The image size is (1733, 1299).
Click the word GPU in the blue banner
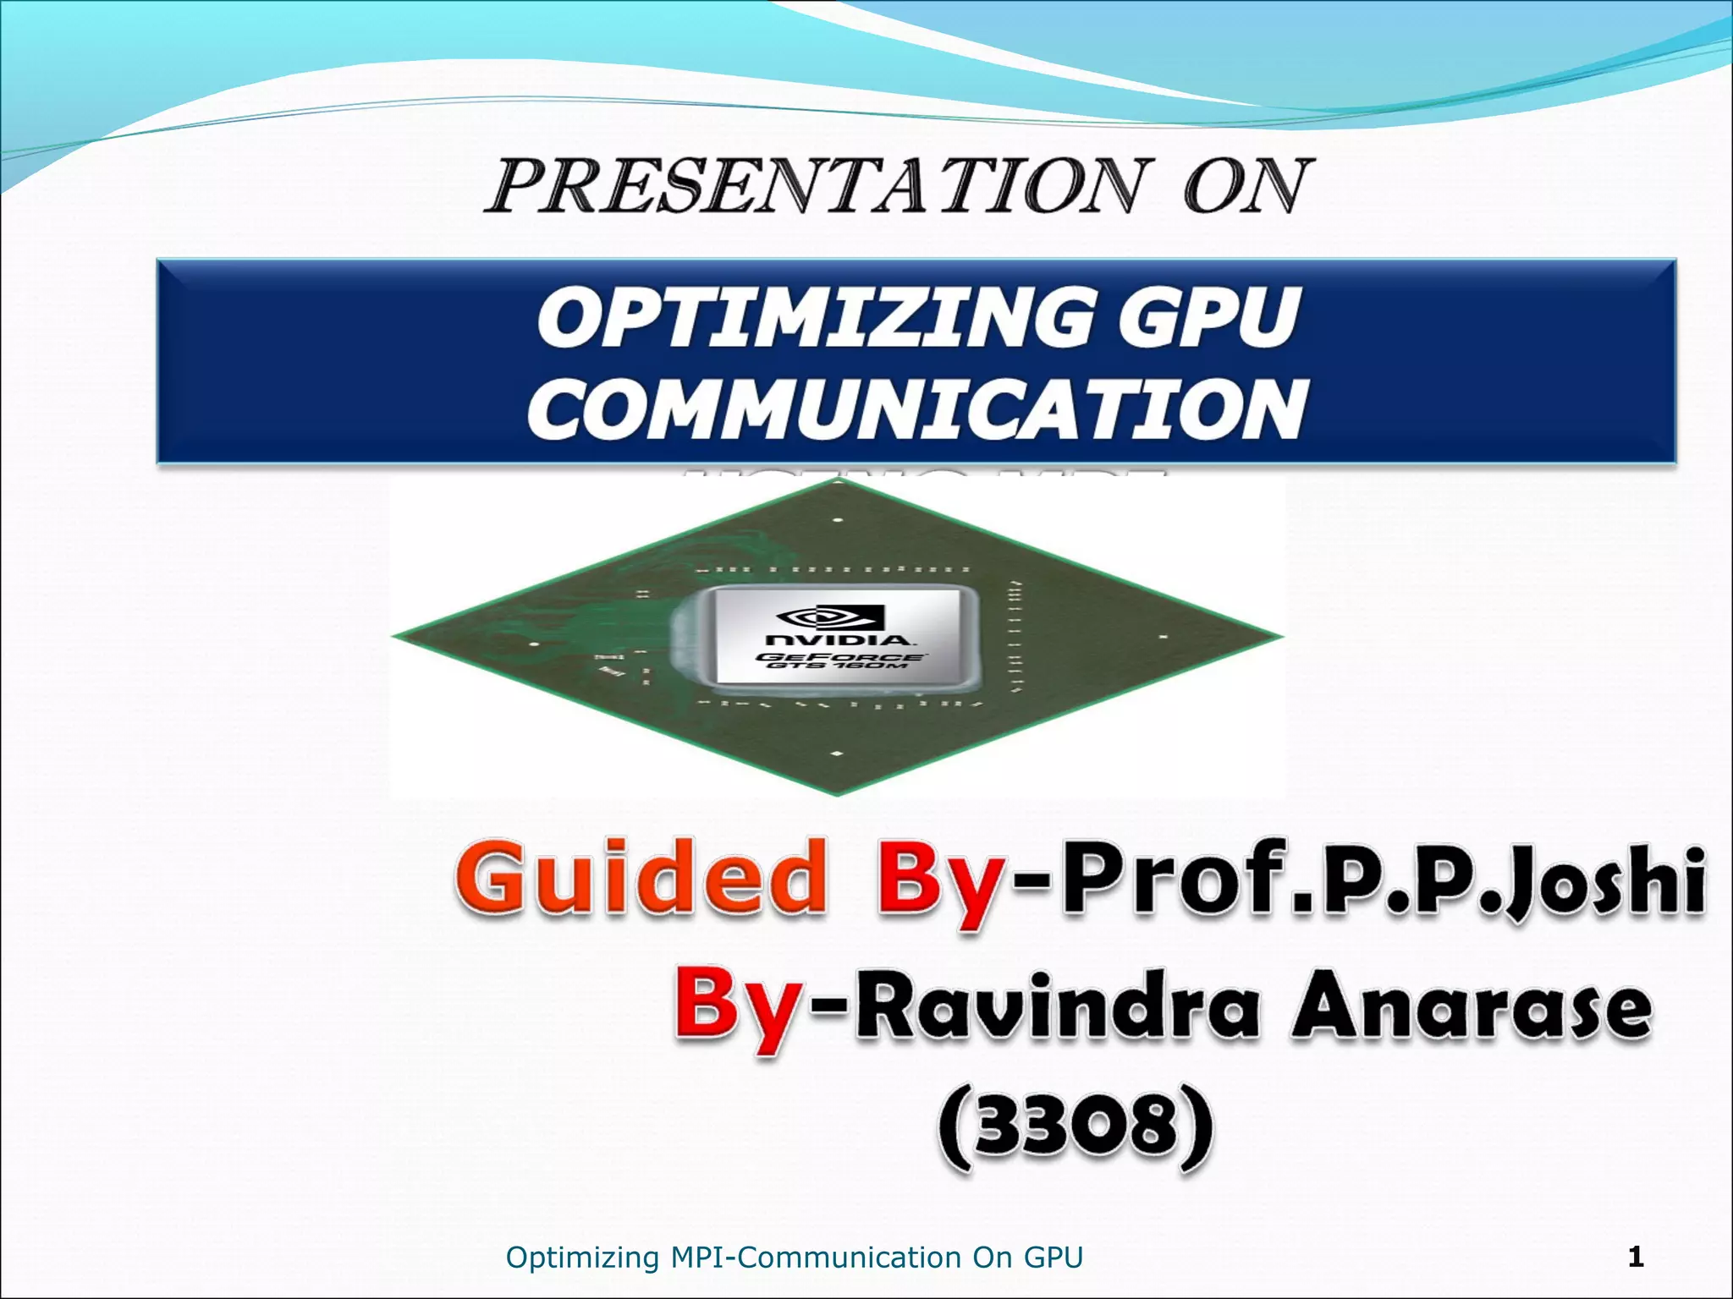click(1208, 319)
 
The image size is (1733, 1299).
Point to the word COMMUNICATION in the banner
click(916, 410)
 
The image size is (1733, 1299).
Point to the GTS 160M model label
click(838, 666)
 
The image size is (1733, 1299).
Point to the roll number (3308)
click(1076, 1128)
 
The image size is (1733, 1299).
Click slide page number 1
click(1636, 1257)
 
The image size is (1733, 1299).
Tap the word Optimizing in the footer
click(582, 1258)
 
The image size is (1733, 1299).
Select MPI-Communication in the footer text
click(816, 1258)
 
